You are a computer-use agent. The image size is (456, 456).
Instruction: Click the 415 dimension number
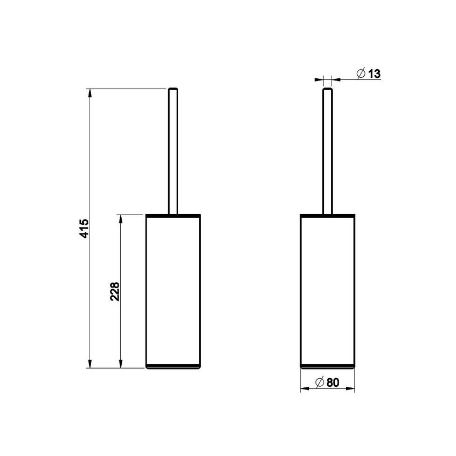[84, 229]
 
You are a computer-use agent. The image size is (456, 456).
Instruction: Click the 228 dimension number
[115, 291]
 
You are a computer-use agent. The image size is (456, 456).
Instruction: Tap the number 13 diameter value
[374, 74]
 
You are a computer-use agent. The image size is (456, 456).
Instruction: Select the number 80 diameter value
[333, 383]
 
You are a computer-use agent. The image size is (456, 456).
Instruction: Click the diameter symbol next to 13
[361, 74]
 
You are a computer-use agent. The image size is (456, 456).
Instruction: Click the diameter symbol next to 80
[319, 383]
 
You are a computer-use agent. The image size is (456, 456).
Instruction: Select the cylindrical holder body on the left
[173, 290]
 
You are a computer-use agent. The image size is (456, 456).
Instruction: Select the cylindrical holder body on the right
[327, 290]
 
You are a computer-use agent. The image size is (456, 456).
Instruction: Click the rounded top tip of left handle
[173, 89]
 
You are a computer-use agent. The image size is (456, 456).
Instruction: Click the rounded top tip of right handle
[327, 89]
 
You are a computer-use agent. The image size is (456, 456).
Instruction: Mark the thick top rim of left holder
[173, 216]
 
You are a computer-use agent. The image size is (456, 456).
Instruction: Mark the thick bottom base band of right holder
[327, 366]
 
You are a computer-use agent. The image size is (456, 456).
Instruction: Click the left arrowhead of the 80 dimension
[303, 389]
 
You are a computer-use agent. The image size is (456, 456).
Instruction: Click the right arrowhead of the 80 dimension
[351, 389]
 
